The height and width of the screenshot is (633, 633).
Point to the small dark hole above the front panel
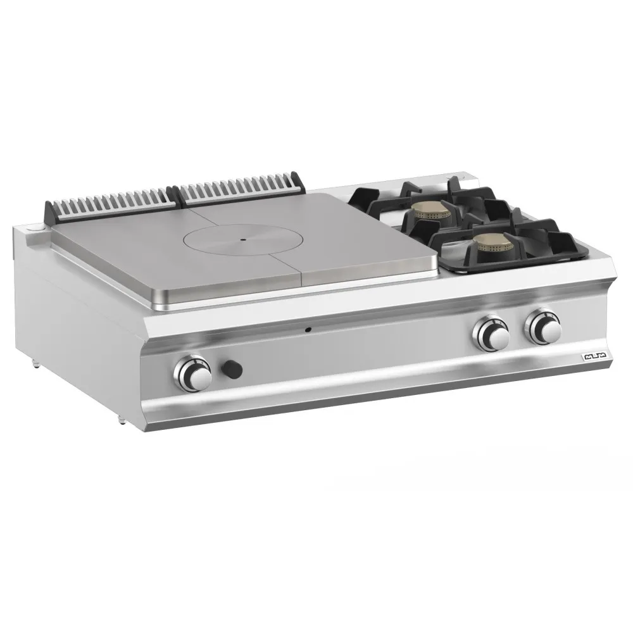[x=308, y=329]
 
